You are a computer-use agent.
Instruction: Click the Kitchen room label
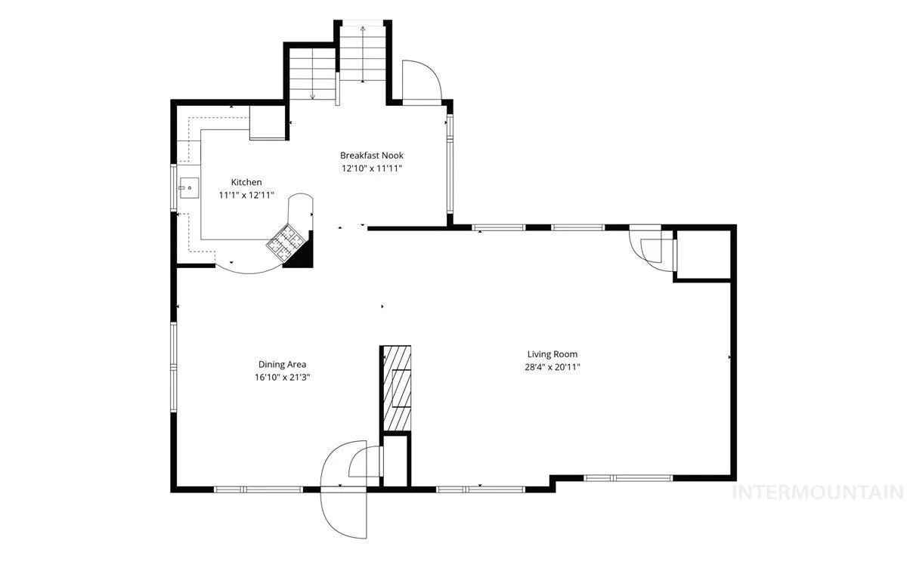tap(246, 182)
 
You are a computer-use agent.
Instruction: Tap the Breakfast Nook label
tap(372, 156)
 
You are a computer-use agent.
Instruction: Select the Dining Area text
tap(282, 364)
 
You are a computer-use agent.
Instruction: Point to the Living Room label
tap(553, 354)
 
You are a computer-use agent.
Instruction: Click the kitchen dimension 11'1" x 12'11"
tap(246, 195)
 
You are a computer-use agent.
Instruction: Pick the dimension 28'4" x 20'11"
tap(553, 367)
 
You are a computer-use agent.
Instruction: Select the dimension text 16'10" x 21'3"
tap(282, 377)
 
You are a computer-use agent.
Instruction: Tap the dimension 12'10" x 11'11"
tap(372, 168)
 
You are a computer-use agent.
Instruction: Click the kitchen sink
tap(189, 188)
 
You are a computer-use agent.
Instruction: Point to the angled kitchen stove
tap(286, 242)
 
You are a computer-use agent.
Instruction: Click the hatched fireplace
tap(397, 388)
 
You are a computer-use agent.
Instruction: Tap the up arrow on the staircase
tap(362, 54)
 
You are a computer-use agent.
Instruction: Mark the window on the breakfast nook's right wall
tap(450, 163)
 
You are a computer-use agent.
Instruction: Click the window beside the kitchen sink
tap(174, 187)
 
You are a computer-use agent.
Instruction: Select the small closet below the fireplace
tap(395, 460)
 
